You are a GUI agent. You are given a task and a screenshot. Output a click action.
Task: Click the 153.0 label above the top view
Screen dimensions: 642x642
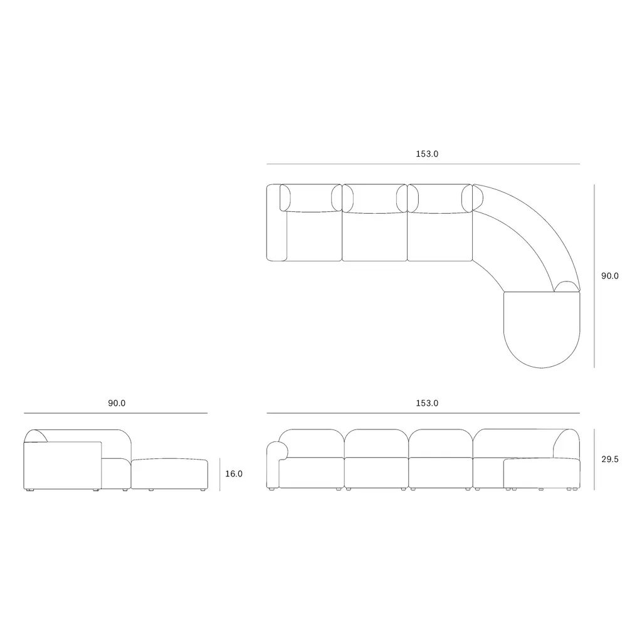(427, 154)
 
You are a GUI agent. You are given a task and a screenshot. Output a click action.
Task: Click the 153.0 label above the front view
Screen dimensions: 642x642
(427, 403)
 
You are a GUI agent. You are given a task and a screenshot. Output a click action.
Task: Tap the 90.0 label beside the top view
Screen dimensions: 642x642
(609, 276)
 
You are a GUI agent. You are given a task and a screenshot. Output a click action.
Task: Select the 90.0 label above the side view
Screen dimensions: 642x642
(117, 403)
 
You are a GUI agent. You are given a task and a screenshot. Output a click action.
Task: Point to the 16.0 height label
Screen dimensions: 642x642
(234, 474)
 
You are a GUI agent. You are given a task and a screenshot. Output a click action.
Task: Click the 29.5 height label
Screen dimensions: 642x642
(609, 460)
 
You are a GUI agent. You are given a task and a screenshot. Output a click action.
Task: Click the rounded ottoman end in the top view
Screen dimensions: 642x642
(542, 330)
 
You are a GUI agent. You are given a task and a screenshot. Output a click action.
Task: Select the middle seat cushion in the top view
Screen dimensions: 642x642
(375, 236)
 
